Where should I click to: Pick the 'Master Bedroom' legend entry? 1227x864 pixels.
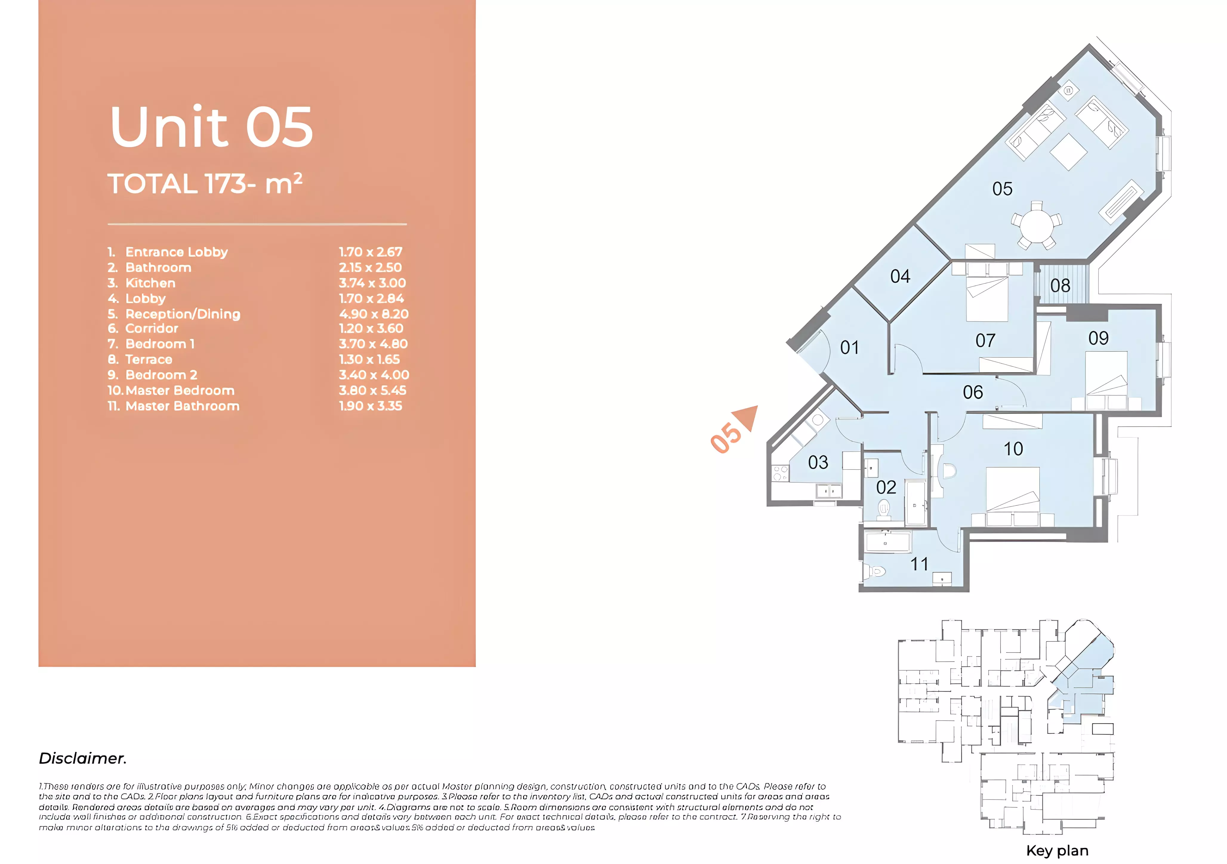[x=180, y=391]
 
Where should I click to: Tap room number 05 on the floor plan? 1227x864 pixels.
[x=1002, y=189]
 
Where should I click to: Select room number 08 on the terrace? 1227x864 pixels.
[x=1060, y=286]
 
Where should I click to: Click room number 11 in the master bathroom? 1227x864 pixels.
[x=919, y=564]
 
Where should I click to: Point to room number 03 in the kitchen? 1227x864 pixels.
[x=818, y=462]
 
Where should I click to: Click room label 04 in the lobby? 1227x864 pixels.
[x=900, y=276]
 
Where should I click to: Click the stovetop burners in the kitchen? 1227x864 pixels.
[x=780, y=473]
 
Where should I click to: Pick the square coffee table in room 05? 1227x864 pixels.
[x=1068, y=152]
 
